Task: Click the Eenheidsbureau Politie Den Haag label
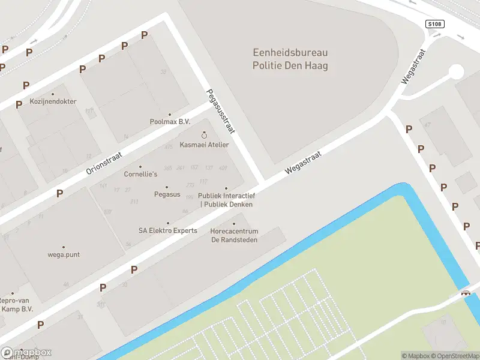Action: click(290, 59)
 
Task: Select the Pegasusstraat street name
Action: click(220, 112)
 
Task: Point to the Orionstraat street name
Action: click(104, 163)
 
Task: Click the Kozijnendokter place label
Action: click(53, 101)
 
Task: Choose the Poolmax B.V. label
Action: click(169, 121)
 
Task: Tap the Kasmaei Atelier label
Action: click(204, 145)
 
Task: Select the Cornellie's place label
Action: click(140, 174)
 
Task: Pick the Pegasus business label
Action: click(167, 194)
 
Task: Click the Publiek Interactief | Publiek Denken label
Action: click(227, 200)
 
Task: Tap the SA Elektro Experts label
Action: click(167, 230)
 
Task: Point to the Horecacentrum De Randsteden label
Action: click(234, 235)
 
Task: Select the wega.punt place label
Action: click(63, 254)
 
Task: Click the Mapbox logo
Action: click(26, 353)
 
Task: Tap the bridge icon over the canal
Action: click(464, 293)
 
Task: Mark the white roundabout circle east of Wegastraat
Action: click(456, 72)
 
